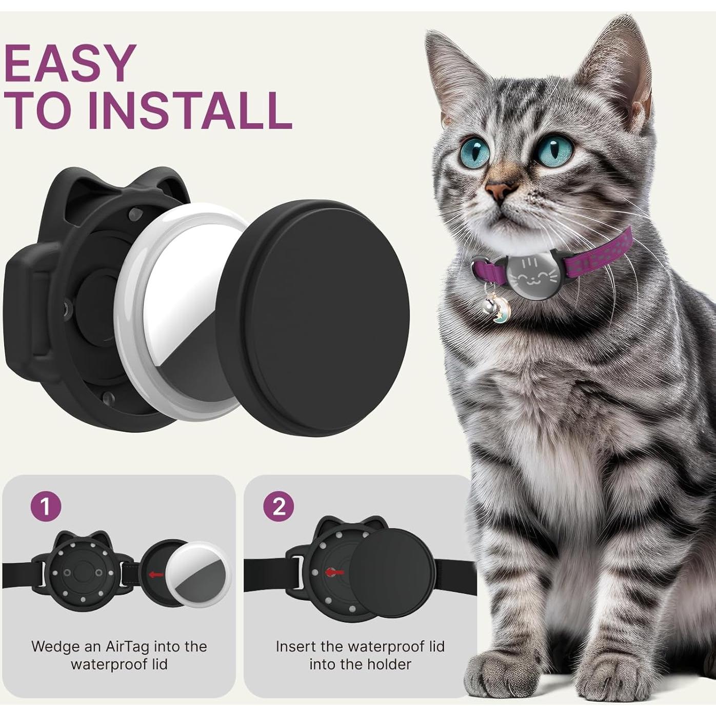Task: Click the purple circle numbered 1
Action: tap(46, 507)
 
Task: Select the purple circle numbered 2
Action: tap(279, 507)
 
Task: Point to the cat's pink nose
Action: tap(500, 191)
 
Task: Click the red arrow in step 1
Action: tap(156, 574)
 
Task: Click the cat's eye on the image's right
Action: tap(555, 148)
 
